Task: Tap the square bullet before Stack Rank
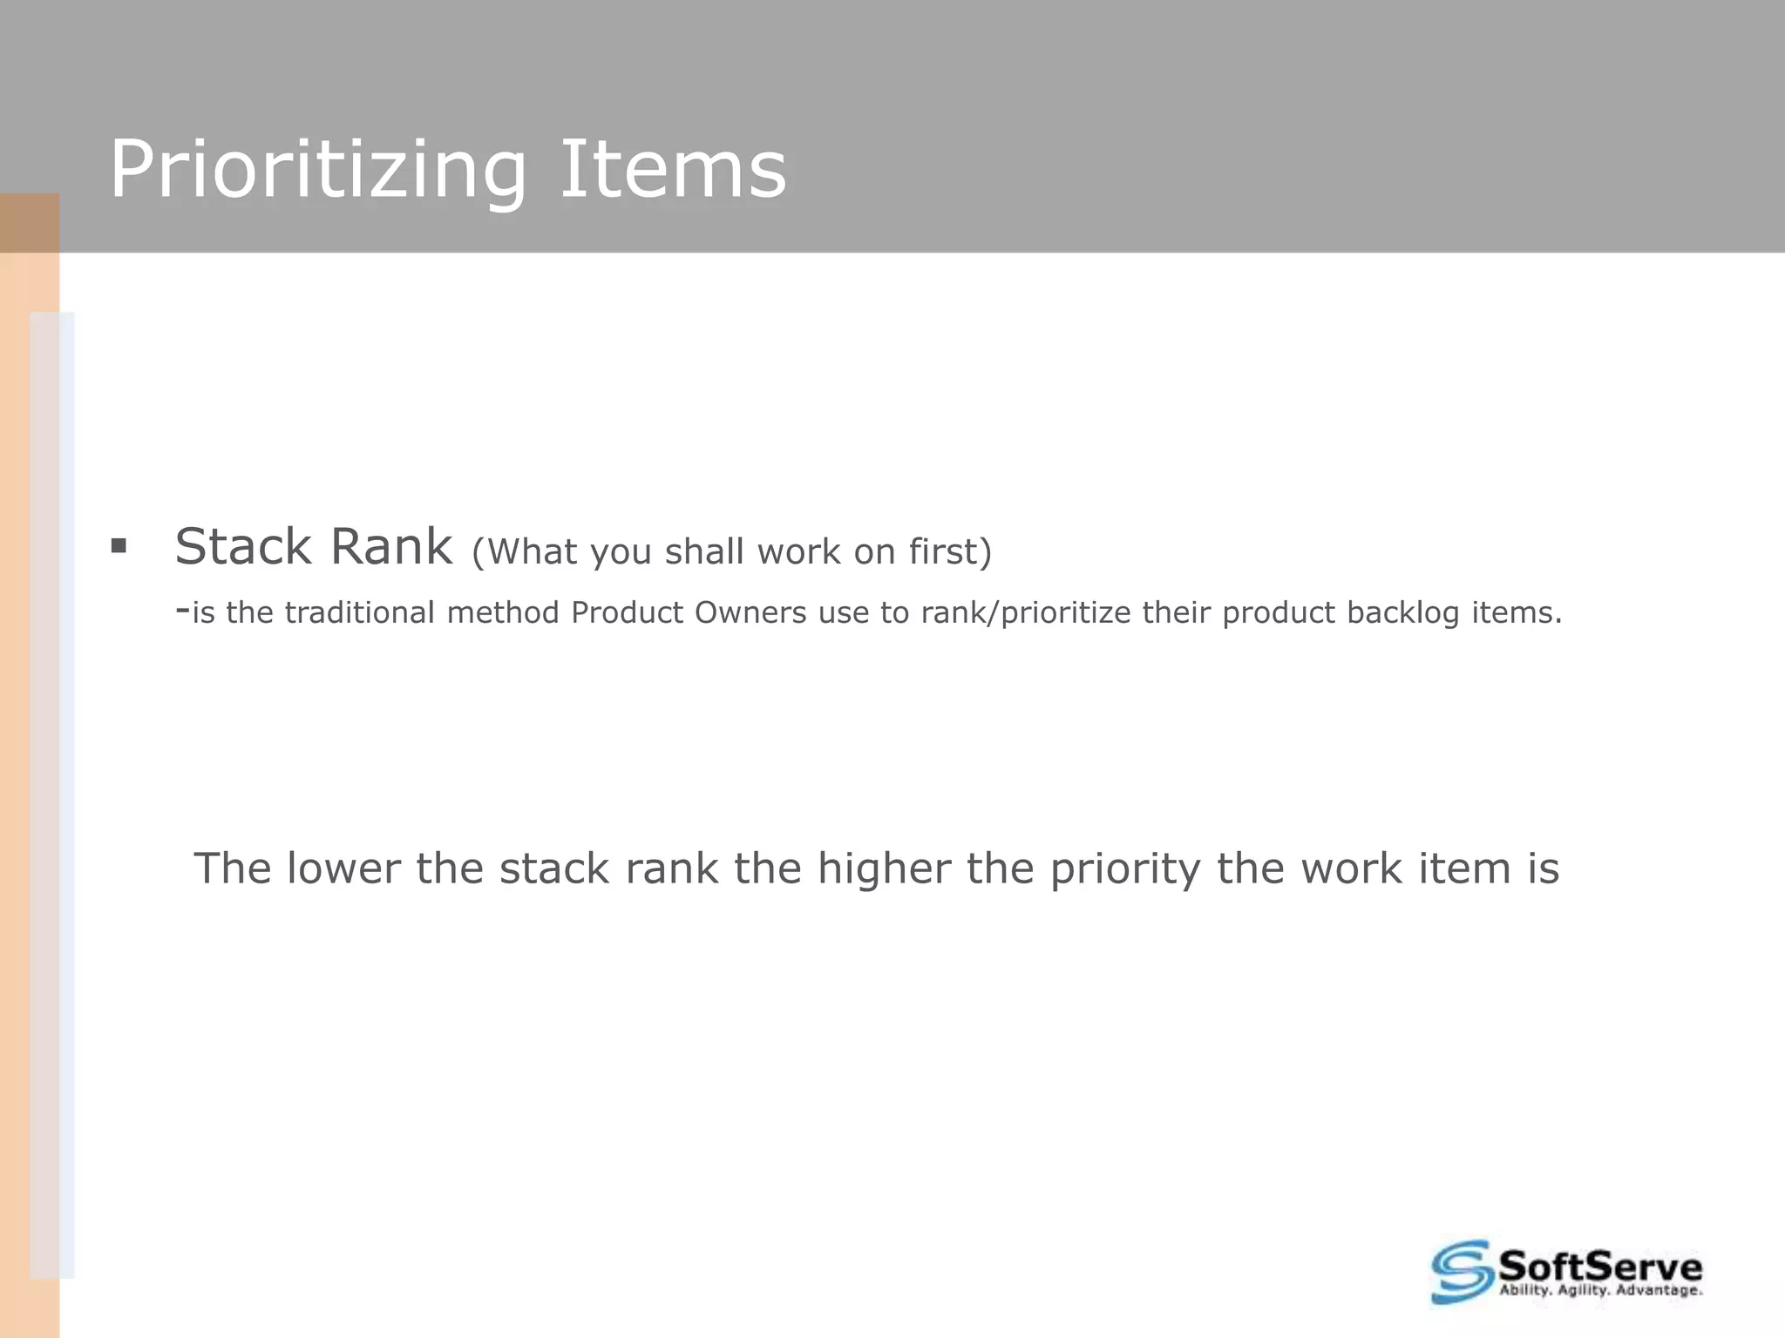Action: click(119, 547)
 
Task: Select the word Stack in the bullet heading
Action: click(242, 547)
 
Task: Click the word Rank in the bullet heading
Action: click(391, 547)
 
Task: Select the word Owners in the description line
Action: click(750, 612)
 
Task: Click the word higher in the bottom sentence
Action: click(883, 868)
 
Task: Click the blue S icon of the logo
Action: click(1461, 1272)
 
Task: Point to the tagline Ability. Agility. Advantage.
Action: click(1600, 1290)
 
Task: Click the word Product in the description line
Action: click(627, 612)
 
